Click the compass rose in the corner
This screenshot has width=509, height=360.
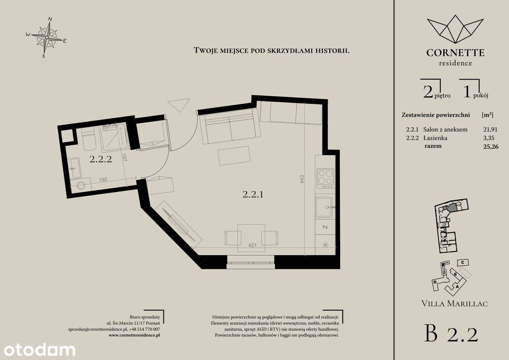[47, 37]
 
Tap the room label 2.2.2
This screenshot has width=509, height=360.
[101, 159]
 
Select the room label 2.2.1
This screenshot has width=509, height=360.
[253, 194]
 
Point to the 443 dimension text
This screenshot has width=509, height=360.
[302, 179]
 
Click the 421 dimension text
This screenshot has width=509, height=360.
[253, 245]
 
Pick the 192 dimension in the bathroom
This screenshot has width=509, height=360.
[103, 179]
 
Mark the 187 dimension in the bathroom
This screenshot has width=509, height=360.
[124, 157]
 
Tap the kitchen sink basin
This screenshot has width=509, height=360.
[324, 207]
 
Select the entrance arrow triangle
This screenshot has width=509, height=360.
[179, 105]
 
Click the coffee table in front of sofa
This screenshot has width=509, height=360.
[234, 156]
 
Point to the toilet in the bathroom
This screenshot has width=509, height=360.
[88, 139]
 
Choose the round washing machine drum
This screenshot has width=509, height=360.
[81, 185]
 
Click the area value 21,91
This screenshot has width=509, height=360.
[490, 130]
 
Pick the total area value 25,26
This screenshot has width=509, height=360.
[491, 146]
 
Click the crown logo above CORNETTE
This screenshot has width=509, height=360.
[455, 32]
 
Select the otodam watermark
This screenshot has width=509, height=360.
[39, 350]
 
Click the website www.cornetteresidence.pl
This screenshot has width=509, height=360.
[134, 335]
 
